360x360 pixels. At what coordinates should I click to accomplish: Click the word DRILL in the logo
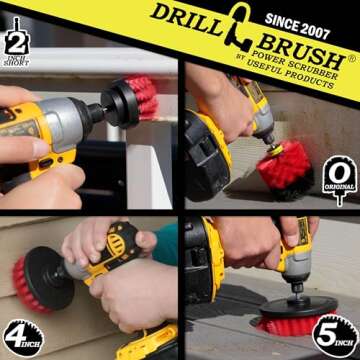182,19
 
